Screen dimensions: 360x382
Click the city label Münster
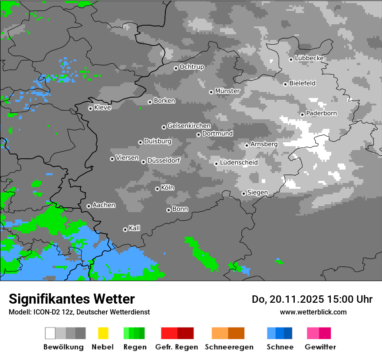[x=227, y=91]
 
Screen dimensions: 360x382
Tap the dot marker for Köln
[x=157, y=189]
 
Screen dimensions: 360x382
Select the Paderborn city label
[x=322, y=113]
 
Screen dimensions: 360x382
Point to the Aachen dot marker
[x=89, y=206]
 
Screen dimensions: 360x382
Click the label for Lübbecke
[x=310, y=58]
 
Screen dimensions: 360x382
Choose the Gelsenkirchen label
[x=189, y=126]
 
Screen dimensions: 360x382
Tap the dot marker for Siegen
[x=244, y=193]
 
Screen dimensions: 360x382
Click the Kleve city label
[x=103, y=108]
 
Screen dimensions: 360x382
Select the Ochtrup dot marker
[x=176, y=68]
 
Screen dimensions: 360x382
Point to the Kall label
[x=135, y=228]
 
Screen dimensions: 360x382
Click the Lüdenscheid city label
[x=239, y=163]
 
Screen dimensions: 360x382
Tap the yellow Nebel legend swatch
[x=103, y=333]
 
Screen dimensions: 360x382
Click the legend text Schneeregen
[x=229, y=347]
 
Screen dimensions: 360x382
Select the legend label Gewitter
[x=320, y=347]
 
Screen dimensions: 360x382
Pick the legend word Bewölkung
[x=63, y=347]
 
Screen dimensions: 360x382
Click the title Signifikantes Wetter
[x=72, y=299]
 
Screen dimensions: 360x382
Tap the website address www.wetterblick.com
[x=313, y=312]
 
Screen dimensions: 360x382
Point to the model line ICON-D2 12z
[x=52, y=312]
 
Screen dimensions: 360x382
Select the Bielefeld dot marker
[x=285, y=84]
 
